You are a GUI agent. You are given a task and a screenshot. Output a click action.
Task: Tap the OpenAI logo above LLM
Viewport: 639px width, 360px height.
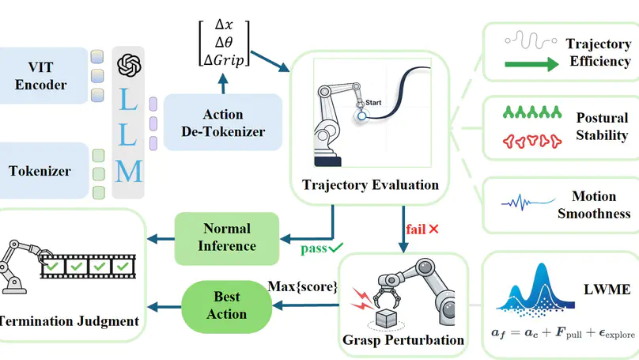pyautogui.click(x=128, y=66)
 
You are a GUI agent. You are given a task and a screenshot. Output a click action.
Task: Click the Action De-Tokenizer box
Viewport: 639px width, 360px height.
pyautogui.click(x=224, y=122)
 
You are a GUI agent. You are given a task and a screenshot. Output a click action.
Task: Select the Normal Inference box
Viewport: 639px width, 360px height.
pyautogui.click(x=227, y=237)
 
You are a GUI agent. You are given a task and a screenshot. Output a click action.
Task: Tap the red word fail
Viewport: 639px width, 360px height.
pyautogui.click(x=415, y=229)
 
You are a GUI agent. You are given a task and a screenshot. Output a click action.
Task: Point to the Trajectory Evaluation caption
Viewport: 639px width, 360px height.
pyautogui.click(x=370, y=185)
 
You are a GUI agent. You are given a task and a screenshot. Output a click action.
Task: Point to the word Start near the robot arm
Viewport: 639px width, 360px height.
pyautogui.click(x=372, y=104)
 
